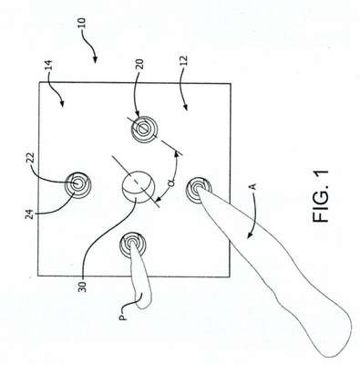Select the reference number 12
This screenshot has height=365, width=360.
tap(184, 61)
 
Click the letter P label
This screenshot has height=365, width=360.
tap(123, 317)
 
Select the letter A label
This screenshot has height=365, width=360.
tap(254, 186)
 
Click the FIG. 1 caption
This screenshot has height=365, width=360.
tap(321, 196)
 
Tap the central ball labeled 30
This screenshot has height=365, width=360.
tap(139, 186)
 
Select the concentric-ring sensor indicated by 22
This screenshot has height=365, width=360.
tap(78, 184)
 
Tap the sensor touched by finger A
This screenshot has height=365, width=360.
tap(199, 190)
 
